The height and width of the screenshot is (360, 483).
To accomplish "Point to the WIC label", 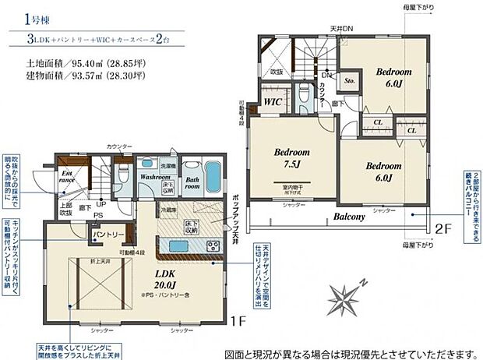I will tap(272, 101).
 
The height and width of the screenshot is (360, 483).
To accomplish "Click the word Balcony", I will tap(352, 216).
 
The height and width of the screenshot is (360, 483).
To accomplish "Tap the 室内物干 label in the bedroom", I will tap(293, 188).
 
